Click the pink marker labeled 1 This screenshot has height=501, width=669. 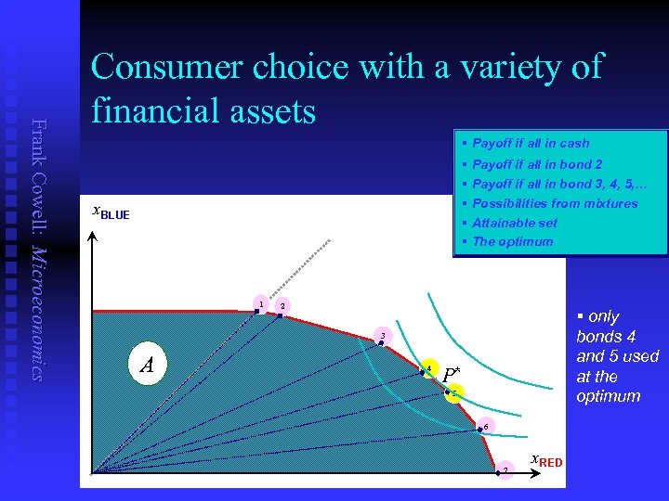pos(261,304)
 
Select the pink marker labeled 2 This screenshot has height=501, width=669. pos(283,306)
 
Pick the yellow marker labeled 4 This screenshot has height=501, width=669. pos(428,367)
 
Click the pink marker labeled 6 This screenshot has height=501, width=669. pos(484,427)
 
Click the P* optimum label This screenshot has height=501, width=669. pos(451,375)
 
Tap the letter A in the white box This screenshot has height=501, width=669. pos(146,366)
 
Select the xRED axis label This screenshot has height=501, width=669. pos(545,460)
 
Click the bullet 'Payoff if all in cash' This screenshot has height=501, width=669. pos(530,144)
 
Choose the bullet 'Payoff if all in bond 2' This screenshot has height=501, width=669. pos(537,164)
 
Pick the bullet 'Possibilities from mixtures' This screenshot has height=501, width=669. pos(555,203)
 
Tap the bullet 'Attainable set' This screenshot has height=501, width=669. pos(514,223)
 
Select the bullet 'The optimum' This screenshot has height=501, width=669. pos(512,241)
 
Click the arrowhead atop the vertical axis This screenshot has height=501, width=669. pos(92,234)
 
